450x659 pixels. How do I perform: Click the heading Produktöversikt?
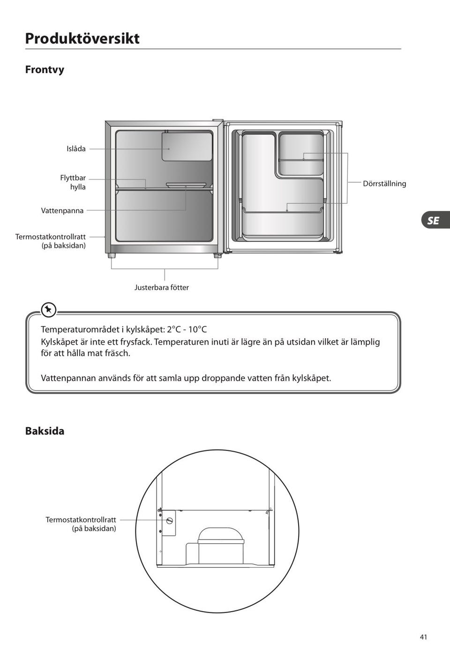point(82,38)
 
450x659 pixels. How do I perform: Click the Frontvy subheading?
point(45,70)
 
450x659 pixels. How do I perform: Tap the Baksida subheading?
point(45,431)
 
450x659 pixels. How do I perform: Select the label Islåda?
point(76,149)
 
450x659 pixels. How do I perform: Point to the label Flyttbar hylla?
point(73,182)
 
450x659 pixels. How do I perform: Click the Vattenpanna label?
point(62,211)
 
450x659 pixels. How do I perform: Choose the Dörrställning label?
point(384,184)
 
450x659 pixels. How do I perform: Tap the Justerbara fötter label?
point(162,288)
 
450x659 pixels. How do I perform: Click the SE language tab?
point(434,220)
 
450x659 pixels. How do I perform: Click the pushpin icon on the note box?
point(48,310)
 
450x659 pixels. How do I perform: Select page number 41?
point(423,637)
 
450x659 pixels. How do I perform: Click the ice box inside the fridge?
point(187,147)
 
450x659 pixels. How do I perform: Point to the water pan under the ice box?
point(186,185)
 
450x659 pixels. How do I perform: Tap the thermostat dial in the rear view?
point(169,521)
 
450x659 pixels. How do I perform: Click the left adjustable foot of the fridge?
point(112,256)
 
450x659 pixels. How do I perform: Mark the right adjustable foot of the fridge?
point(217,256)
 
